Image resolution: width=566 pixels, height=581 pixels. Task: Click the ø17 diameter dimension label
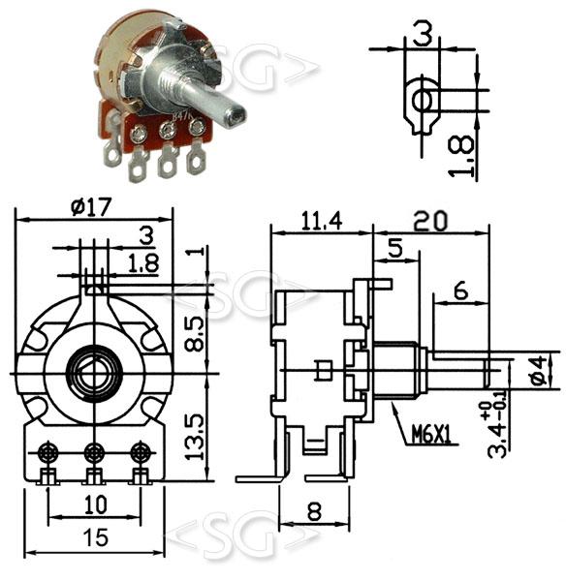91,207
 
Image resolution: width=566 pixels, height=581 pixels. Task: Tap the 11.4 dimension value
321,221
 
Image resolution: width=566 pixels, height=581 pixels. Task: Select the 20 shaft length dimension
430,221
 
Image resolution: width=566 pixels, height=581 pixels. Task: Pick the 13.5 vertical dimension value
195,438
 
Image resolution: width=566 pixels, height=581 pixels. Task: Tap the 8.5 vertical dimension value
195,334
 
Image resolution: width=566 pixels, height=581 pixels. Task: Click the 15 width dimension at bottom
96,536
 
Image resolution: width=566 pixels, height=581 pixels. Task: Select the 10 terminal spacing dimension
95,505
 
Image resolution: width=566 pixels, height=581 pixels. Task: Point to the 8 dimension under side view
314,511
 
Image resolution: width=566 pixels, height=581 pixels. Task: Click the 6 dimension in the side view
461,290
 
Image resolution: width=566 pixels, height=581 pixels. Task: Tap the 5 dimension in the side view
395,248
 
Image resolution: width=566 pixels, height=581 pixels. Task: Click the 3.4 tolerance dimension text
496,432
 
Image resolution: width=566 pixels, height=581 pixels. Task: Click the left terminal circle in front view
47,452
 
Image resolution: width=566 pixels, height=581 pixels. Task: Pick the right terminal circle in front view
140,452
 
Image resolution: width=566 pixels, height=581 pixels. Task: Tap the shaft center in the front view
94,374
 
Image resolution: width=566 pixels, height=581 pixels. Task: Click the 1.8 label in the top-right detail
461,156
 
